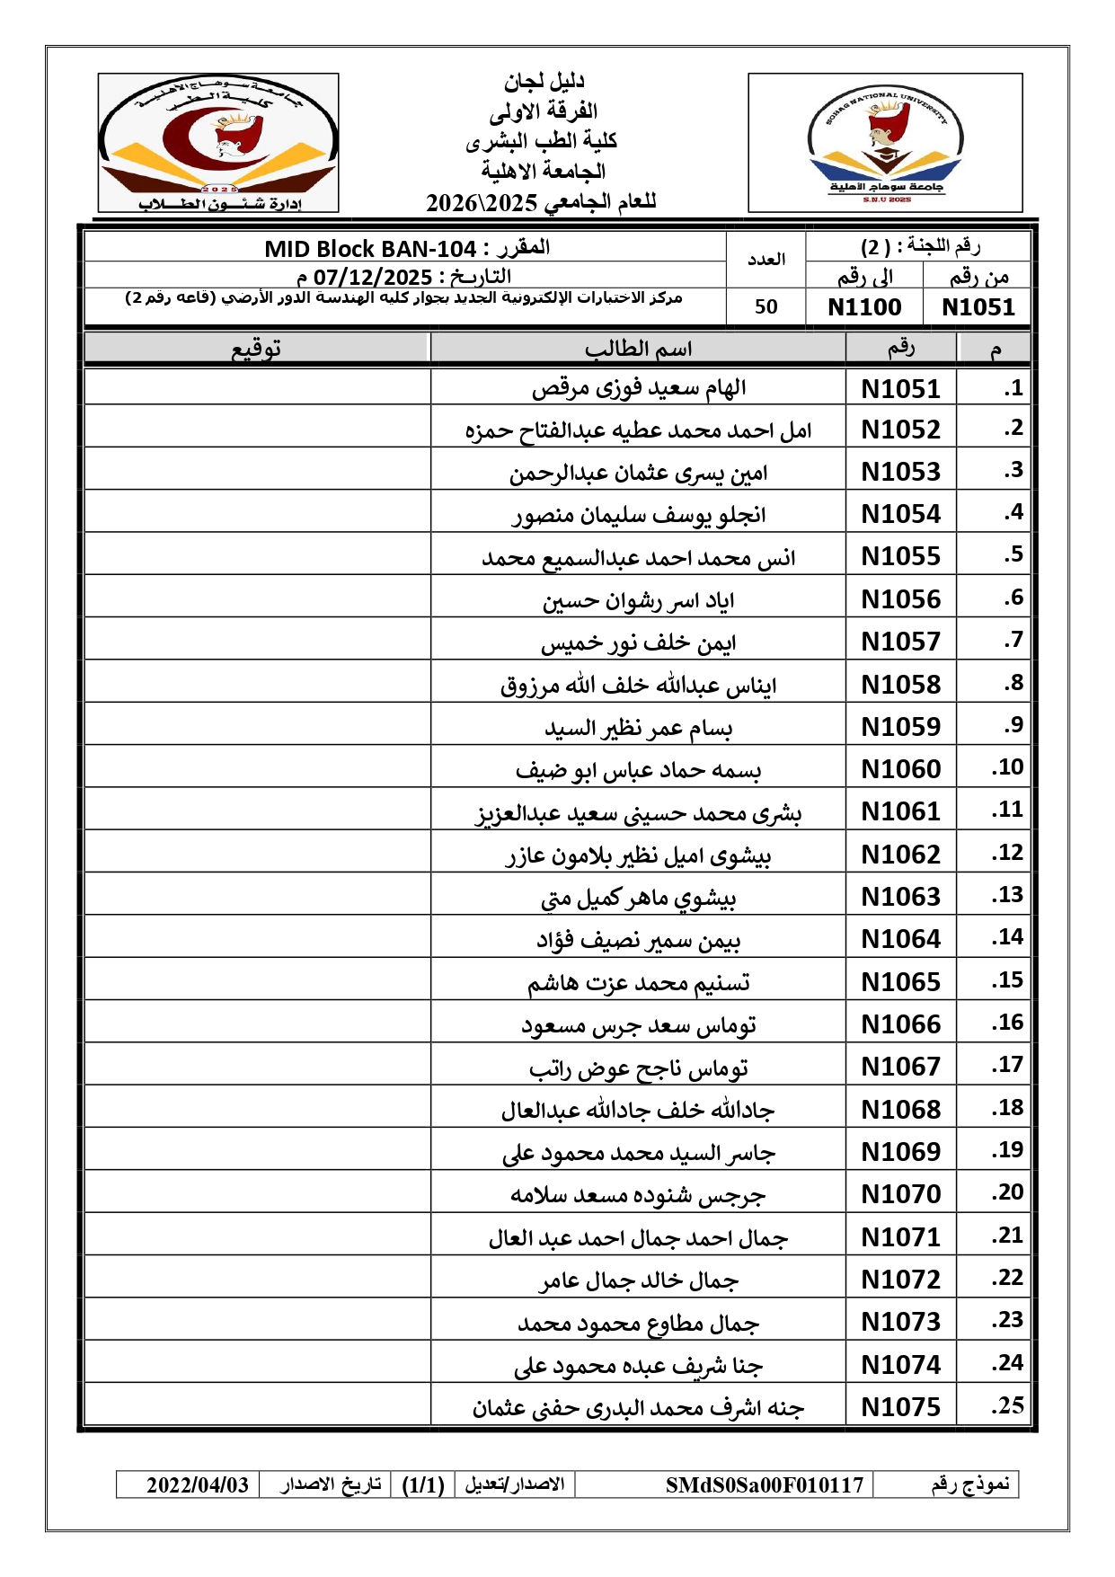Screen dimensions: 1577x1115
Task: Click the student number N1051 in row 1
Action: pyautogui.click(x=900, y=389)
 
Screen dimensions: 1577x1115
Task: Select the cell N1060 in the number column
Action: pyautogui.click(x=900, y=769)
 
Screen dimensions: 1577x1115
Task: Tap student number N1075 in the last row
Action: pyautogui.click(x=900, y=1407)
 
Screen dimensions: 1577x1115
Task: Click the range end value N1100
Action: pyautogui.click(x=864, y=307)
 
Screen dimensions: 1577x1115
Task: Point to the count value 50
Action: pyautogui.click(x=765, y=307)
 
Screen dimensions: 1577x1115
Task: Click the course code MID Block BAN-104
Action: pyautogui.click(x=370, y=249)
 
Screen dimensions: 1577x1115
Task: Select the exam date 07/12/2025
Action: pyautogui.click(x=372, y=277)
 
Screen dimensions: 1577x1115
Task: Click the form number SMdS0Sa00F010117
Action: pyautogui.click(x=764, y=1485)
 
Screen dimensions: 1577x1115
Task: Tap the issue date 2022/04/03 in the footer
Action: pyautogui.click(x=198, y=1485)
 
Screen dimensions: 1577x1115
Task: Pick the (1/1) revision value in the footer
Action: pyautogui.click(x=423, y=1485)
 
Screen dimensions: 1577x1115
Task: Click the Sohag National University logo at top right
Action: pyautogui.click(x=885, y=144)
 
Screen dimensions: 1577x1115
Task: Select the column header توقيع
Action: pyautogui.click(x=257, y=349)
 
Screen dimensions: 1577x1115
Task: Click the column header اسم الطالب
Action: pyautogui.click(x=638, y=349)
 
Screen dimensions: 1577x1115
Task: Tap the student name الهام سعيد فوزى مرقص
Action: pyautogui.click(x=638, y=389)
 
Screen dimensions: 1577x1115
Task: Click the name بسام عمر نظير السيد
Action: pyautogui.click(x=638, y=728)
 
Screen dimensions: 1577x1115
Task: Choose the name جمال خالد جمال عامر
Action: pyautogui.click(x=638, y=1280)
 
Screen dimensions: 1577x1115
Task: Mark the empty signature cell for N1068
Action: pyautogui.click(x=257, y=1110)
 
